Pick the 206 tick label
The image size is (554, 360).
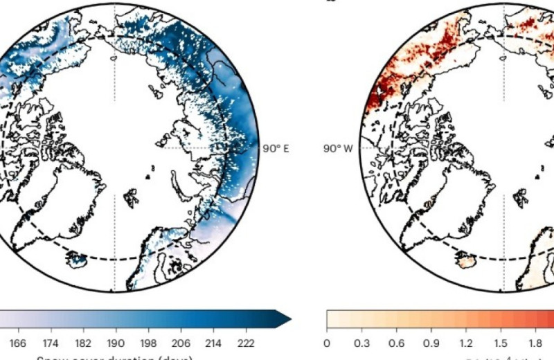[179, 343]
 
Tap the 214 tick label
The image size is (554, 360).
[211, 343]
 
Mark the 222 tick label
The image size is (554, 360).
[243, 343]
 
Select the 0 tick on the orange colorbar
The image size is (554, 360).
[327, 343]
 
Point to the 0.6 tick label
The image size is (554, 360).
[397, 343]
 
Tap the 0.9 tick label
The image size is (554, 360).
[431, 343]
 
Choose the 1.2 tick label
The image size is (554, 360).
[466, 343]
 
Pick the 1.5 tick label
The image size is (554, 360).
[501, 343]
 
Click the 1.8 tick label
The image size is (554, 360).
[536, 343]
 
